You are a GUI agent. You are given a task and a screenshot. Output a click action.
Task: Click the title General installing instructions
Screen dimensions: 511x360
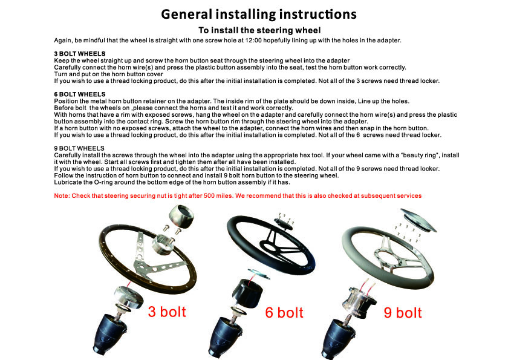pyautogui.click(x=259, y=15)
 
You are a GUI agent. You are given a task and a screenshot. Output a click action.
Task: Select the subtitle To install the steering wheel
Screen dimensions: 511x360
pyautogui.click(x=260, y=30)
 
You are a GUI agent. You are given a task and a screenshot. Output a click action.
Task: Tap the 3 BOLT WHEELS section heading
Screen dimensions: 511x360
pyautogui.click(x=80, y=54)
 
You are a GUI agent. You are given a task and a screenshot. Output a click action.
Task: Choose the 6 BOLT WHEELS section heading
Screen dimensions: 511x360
pyautogui.click(x=80, y=94)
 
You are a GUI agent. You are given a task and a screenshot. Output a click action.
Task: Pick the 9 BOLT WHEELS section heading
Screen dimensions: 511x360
pyautogui.click(x=79, y=148)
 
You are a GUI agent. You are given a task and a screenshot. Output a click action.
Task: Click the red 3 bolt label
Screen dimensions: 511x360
pyautogui.click(x=167, y=312)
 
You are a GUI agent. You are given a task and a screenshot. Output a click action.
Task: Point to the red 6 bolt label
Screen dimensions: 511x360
pyautogui.click(x=284, y=312)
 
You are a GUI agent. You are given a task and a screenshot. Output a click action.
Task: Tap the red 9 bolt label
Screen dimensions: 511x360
pyautogui.click(x=403, y=313)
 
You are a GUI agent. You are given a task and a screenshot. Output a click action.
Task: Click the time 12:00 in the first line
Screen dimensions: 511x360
pyautogui.click(x=253, y=41)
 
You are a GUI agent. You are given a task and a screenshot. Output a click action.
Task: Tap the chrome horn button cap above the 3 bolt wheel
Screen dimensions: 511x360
pyautogui.click(x=181, y=215)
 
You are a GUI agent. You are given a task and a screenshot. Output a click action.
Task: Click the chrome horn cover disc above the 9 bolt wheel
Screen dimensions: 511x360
pyautogui.click(x=418, y=220)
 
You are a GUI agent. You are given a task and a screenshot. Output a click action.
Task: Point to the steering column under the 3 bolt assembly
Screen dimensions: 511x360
pyautogui.click(x=110, y=333)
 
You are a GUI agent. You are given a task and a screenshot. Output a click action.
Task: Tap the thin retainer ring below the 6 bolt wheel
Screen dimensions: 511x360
pyautogui.click(x=259, y=273)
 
